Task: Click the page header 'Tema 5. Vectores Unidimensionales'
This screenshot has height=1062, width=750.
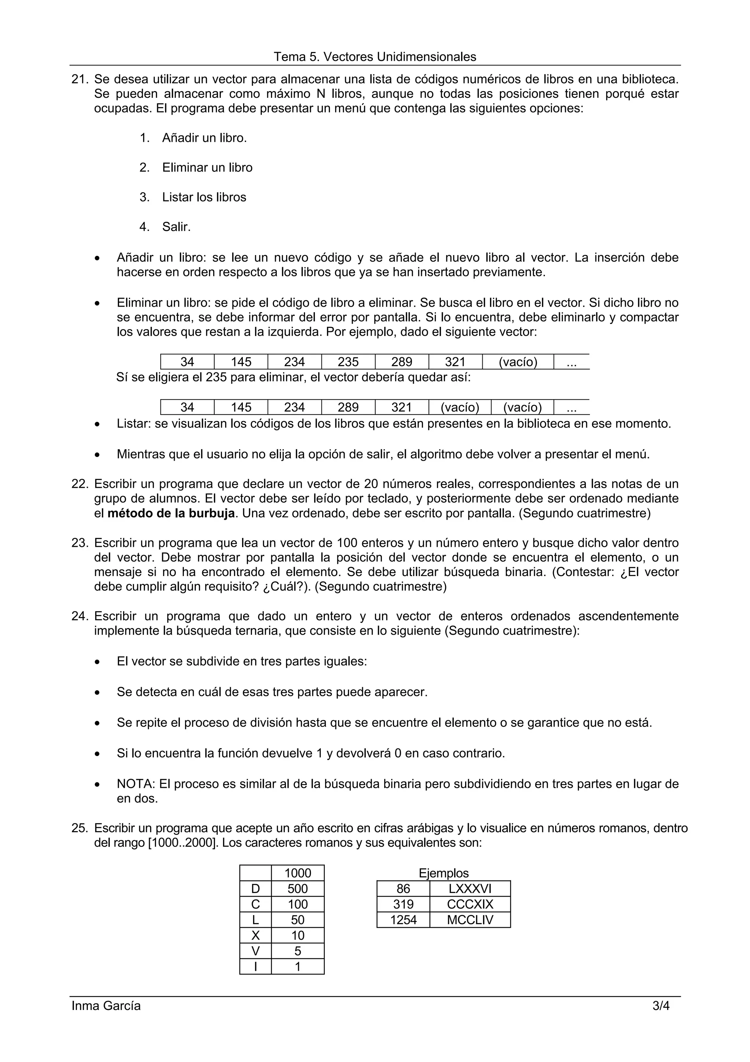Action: tap(375, 57)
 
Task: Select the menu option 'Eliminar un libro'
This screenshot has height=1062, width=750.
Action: tap(207, 167)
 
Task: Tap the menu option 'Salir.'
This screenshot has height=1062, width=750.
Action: tap(176, 226)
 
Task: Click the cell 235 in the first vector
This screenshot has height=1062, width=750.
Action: tap(348, 362)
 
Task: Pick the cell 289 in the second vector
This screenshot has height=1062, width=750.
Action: tap(348, 407)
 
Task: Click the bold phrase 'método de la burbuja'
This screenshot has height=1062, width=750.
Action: tap(171, 513)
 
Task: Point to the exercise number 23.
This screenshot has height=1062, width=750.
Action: tap(79, 543)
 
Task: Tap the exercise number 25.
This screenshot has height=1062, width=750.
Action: tap(79, 828)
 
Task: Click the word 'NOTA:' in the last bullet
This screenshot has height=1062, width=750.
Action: tap(136, 784)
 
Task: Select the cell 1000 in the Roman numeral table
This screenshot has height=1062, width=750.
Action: tap(298, 873)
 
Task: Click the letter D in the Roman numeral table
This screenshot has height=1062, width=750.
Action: tap(255, 889)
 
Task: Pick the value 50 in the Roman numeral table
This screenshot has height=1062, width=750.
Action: tap(298, 919)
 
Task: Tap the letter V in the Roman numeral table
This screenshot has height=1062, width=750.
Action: tap(255, 951)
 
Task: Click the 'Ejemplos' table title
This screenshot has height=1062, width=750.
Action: tap(443, 873)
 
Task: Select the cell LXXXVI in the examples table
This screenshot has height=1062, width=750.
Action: tap(470, 889)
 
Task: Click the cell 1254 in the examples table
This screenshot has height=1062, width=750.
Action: tap(403, 919)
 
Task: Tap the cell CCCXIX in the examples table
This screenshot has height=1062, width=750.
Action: tap(470, 904)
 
